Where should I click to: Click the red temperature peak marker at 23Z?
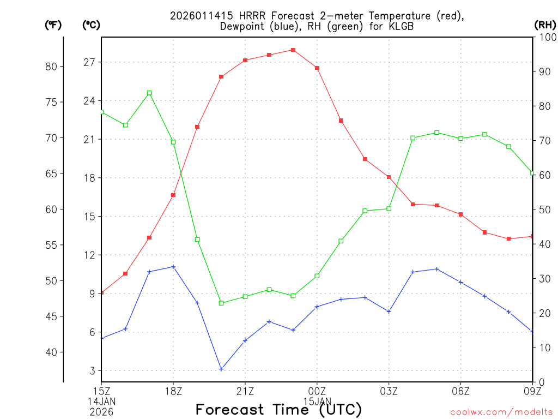coord(293,50)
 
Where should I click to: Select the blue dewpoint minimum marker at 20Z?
coord(221,369)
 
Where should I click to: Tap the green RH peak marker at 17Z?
coord(149,93)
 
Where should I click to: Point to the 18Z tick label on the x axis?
coord(173,391)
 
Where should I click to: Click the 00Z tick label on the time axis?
coord(317,391)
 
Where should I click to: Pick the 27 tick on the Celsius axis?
coord(89,62)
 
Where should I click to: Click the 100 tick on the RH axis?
coord(547,37)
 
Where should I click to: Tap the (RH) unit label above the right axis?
coord(545,25)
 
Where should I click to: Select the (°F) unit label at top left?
coord(53,25)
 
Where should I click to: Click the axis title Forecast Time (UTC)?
coord(278,409)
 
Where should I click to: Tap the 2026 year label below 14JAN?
coord(101,411)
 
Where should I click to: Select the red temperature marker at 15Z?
coord(101,293)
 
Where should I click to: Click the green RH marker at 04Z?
coord(413,138)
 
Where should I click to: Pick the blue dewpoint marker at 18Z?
coord(173,267)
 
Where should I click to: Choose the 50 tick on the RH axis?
coord(543,209)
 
